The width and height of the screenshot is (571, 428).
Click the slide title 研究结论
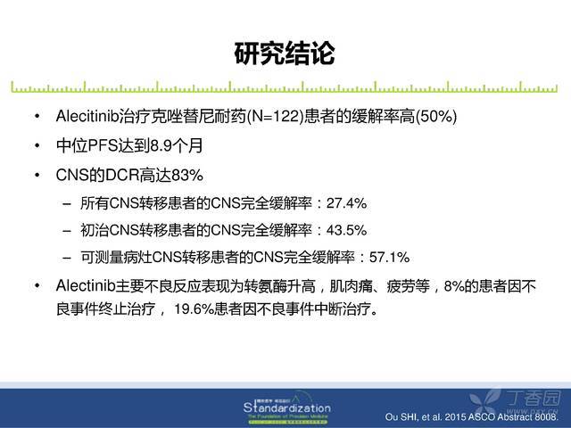click(285, 53)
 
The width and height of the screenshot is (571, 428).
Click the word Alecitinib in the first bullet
click(87, 117)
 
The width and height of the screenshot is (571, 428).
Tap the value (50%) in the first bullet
click(436, 117)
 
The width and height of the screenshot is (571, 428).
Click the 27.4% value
click(346, 203)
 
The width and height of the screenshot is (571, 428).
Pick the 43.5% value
click(346, 230)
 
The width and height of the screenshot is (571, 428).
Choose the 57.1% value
click(389, 258)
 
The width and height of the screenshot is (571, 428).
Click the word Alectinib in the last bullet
click(86, 286)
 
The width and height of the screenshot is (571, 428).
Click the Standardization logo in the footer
click(287, 408)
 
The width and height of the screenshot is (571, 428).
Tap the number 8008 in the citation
click(546, 416)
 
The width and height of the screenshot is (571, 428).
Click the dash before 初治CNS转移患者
click(67, 231)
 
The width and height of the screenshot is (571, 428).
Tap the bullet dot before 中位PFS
click(37, 146)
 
